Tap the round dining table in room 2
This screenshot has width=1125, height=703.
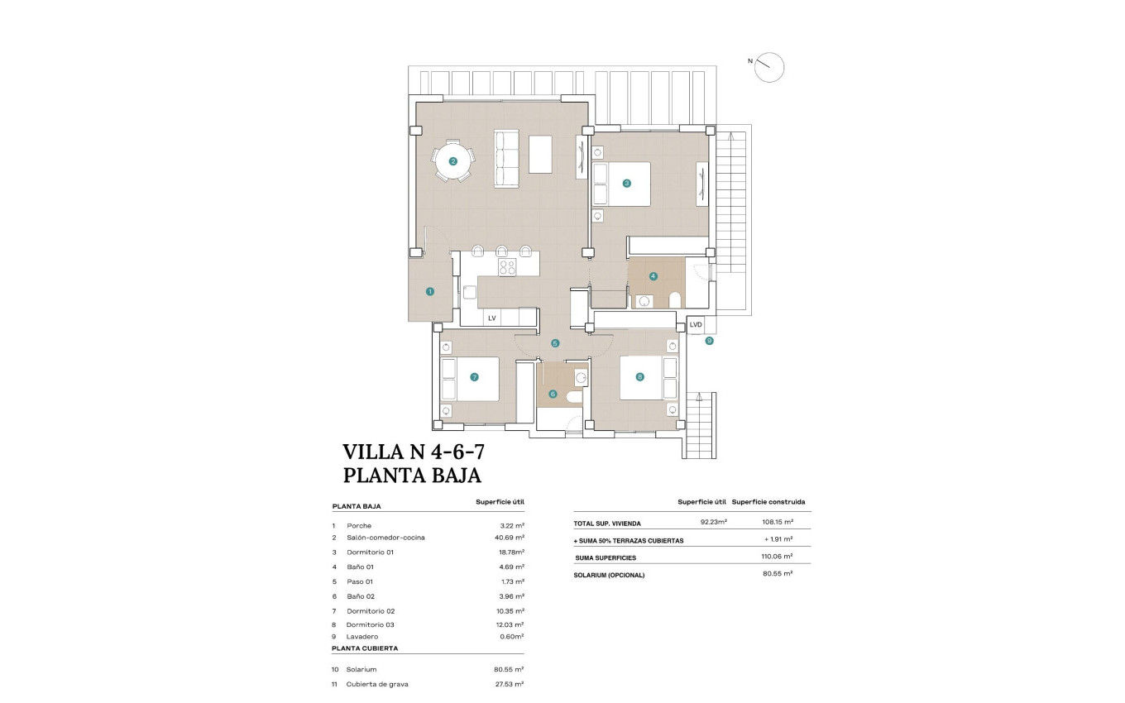coord(452,161)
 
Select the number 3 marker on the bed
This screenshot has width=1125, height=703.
coord(627,183)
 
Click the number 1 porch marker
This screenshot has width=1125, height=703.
coord(429,291)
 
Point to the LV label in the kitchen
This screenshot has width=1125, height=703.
coord(491,318)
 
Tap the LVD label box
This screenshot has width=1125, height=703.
coord(696,325)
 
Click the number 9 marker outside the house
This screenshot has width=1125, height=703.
coord(709,340)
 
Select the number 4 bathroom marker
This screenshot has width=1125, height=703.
coord(653,276)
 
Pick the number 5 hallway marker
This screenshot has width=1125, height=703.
coord(555,342)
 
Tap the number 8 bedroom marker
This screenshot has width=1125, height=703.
coord(639,376)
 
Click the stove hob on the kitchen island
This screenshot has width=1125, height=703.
coord(507,266)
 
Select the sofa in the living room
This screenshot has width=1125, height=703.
coord(505,158)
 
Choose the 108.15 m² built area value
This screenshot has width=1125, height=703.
coord(777,522)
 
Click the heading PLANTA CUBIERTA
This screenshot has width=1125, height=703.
coord(364,649)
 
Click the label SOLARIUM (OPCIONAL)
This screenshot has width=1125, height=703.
coord(609,574)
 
